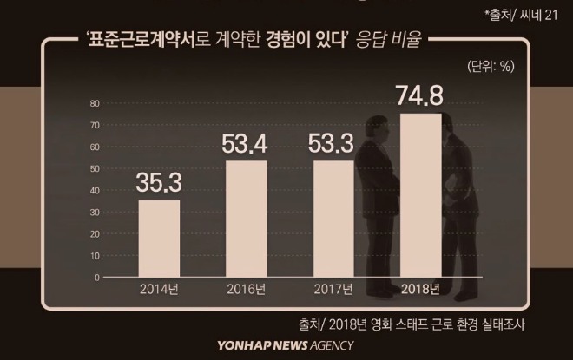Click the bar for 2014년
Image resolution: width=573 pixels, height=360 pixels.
click(159, 239)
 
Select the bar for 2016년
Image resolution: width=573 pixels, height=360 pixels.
click(247, 219)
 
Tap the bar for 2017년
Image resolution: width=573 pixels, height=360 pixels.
click(333, 219)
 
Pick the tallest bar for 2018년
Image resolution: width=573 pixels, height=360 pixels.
click(420, 195)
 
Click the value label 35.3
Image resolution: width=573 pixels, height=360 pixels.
click(159, 182)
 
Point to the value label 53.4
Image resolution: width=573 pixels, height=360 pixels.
click(245, 143)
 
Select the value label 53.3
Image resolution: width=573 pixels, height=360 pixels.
click(331, 143)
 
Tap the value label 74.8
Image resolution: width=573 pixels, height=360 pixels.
click(420, 95)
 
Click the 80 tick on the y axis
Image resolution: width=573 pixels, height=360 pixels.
click(95, 103)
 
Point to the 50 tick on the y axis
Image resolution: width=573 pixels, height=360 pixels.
click(95, 168)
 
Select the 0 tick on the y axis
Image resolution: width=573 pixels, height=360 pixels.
click(97, 278)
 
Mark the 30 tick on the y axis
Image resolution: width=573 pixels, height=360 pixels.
click(95, 213)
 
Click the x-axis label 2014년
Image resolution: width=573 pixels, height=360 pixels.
click(159, 289)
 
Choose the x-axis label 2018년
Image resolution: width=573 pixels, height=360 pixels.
click(420, 289)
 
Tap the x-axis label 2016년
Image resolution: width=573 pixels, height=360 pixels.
click(247, 289)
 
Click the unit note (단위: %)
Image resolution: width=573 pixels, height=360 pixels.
click(491, 67)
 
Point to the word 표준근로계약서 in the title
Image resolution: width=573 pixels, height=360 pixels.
click(142, 39)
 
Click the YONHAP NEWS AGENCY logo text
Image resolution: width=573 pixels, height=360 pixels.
click(286, 345)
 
